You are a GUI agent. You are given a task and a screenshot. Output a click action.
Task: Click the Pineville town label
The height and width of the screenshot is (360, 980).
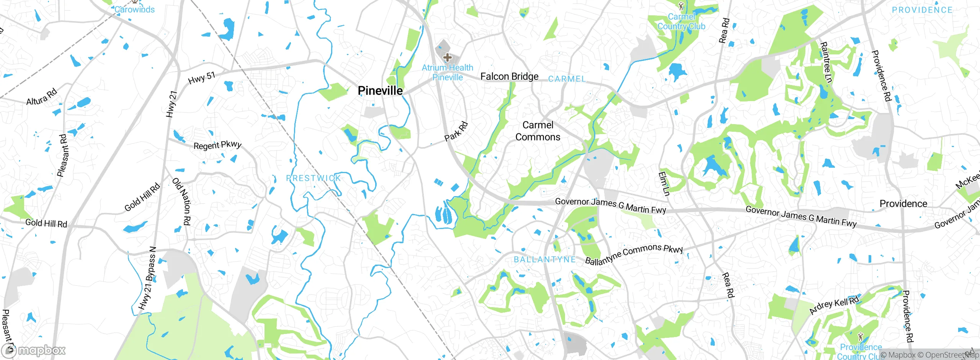point(380,91)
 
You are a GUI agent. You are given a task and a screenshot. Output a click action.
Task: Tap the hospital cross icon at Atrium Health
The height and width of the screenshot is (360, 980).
point(447,58)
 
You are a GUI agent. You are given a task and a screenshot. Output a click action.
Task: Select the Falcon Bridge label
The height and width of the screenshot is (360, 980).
point(509,77)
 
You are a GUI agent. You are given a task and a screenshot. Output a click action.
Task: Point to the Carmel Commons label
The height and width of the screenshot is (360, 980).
point(538,131)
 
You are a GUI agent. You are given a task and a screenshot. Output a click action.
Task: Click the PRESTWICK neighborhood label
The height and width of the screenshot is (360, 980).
point(314,178)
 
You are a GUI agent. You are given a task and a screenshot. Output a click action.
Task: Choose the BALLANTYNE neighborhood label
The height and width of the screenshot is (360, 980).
point(545,260)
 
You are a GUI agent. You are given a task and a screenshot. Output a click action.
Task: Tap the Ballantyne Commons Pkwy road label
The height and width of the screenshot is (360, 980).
point(634,254)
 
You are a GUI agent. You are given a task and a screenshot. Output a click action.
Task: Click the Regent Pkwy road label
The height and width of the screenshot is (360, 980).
point(217,145)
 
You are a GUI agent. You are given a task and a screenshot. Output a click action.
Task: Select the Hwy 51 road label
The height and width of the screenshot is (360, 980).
point(202,78)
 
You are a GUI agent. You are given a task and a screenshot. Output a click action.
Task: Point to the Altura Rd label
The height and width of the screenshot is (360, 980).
point(41,97)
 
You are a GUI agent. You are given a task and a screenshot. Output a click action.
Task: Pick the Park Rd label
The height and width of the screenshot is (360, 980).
point(456,131)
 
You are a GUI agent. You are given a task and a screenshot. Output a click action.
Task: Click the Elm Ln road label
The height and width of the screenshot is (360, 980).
point(664,184)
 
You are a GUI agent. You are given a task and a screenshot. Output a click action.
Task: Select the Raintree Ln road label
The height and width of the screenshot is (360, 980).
point(826,62)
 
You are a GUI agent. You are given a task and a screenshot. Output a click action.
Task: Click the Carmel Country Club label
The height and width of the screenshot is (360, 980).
point(681,21)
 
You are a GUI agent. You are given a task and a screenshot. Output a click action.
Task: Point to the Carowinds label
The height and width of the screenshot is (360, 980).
point(134,10)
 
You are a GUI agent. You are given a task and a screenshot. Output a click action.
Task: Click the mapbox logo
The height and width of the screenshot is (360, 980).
point(34,350)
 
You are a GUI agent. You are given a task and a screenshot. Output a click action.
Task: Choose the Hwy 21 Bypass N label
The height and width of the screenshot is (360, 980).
point(148,278)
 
